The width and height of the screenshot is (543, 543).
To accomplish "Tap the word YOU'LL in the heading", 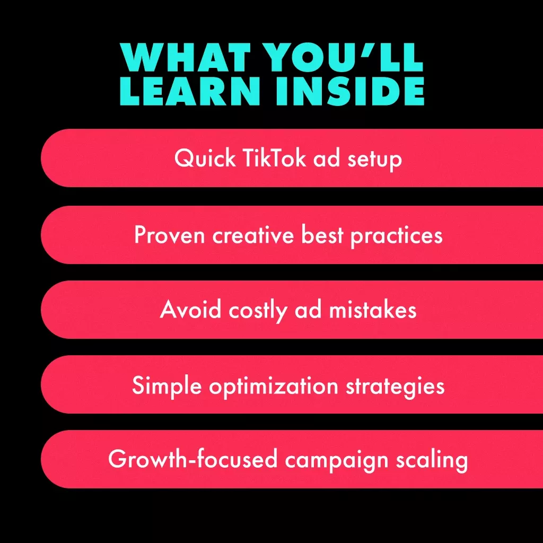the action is coord(343,57).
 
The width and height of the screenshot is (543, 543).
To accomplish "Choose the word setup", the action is coord(374,160).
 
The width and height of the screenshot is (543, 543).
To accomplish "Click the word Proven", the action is coord(169,235).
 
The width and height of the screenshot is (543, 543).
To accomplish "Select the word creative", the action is coord(253,234).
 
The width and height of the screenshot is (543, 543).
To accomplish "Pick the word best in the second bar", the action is coord(322,234).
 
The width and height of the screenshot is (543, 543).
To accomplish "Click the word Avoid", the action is coord(190,309).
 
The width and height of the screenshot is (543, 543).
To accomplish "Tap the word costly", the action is coord(258,311).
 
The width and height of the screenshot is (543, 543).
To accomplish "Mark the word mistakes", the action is coord(372,309).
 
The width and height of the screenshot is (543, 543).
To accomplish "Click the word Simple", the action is coord(167,386).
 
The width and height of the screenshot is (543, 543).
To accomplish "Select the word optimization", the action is coord(274,386).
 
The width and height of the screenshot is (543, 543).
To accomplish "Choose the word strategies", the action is coord(395,386).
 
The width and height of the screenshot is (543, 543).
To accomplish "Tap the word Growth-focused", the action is coord(193,459).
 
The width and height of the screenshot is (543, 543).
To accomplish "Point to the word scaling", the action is coord(432,460).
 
